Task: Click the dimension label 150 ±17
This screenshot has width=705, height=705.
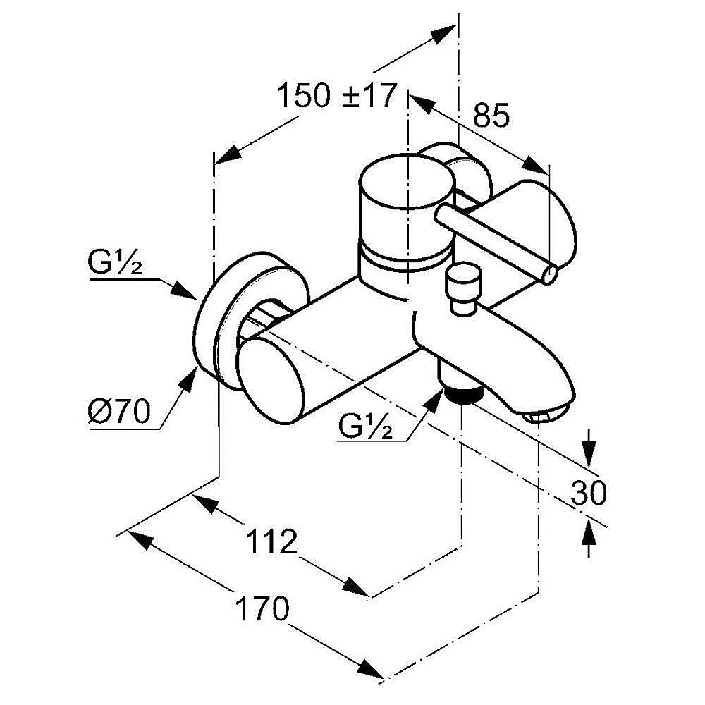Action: [337, 96]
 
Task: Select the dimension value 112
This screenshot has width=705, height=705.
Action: [271, 542]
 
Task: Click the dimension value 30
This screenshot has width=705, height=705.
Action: [588, 493]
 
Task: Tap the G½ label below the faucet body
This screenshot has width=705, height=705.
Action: [364, 427]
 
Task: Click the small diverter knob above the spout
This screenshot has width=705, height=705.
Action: [463, 287]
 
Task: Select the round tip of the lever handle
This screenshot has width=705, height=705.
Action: [550, 274]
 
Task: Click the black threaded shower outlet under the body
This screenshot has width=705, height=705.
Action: [462, 395]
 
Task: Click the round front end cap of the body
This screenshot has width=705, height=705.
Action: [274, 380]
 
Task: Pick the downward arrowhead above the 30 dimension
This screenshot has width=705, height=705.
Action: [589, 450]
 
